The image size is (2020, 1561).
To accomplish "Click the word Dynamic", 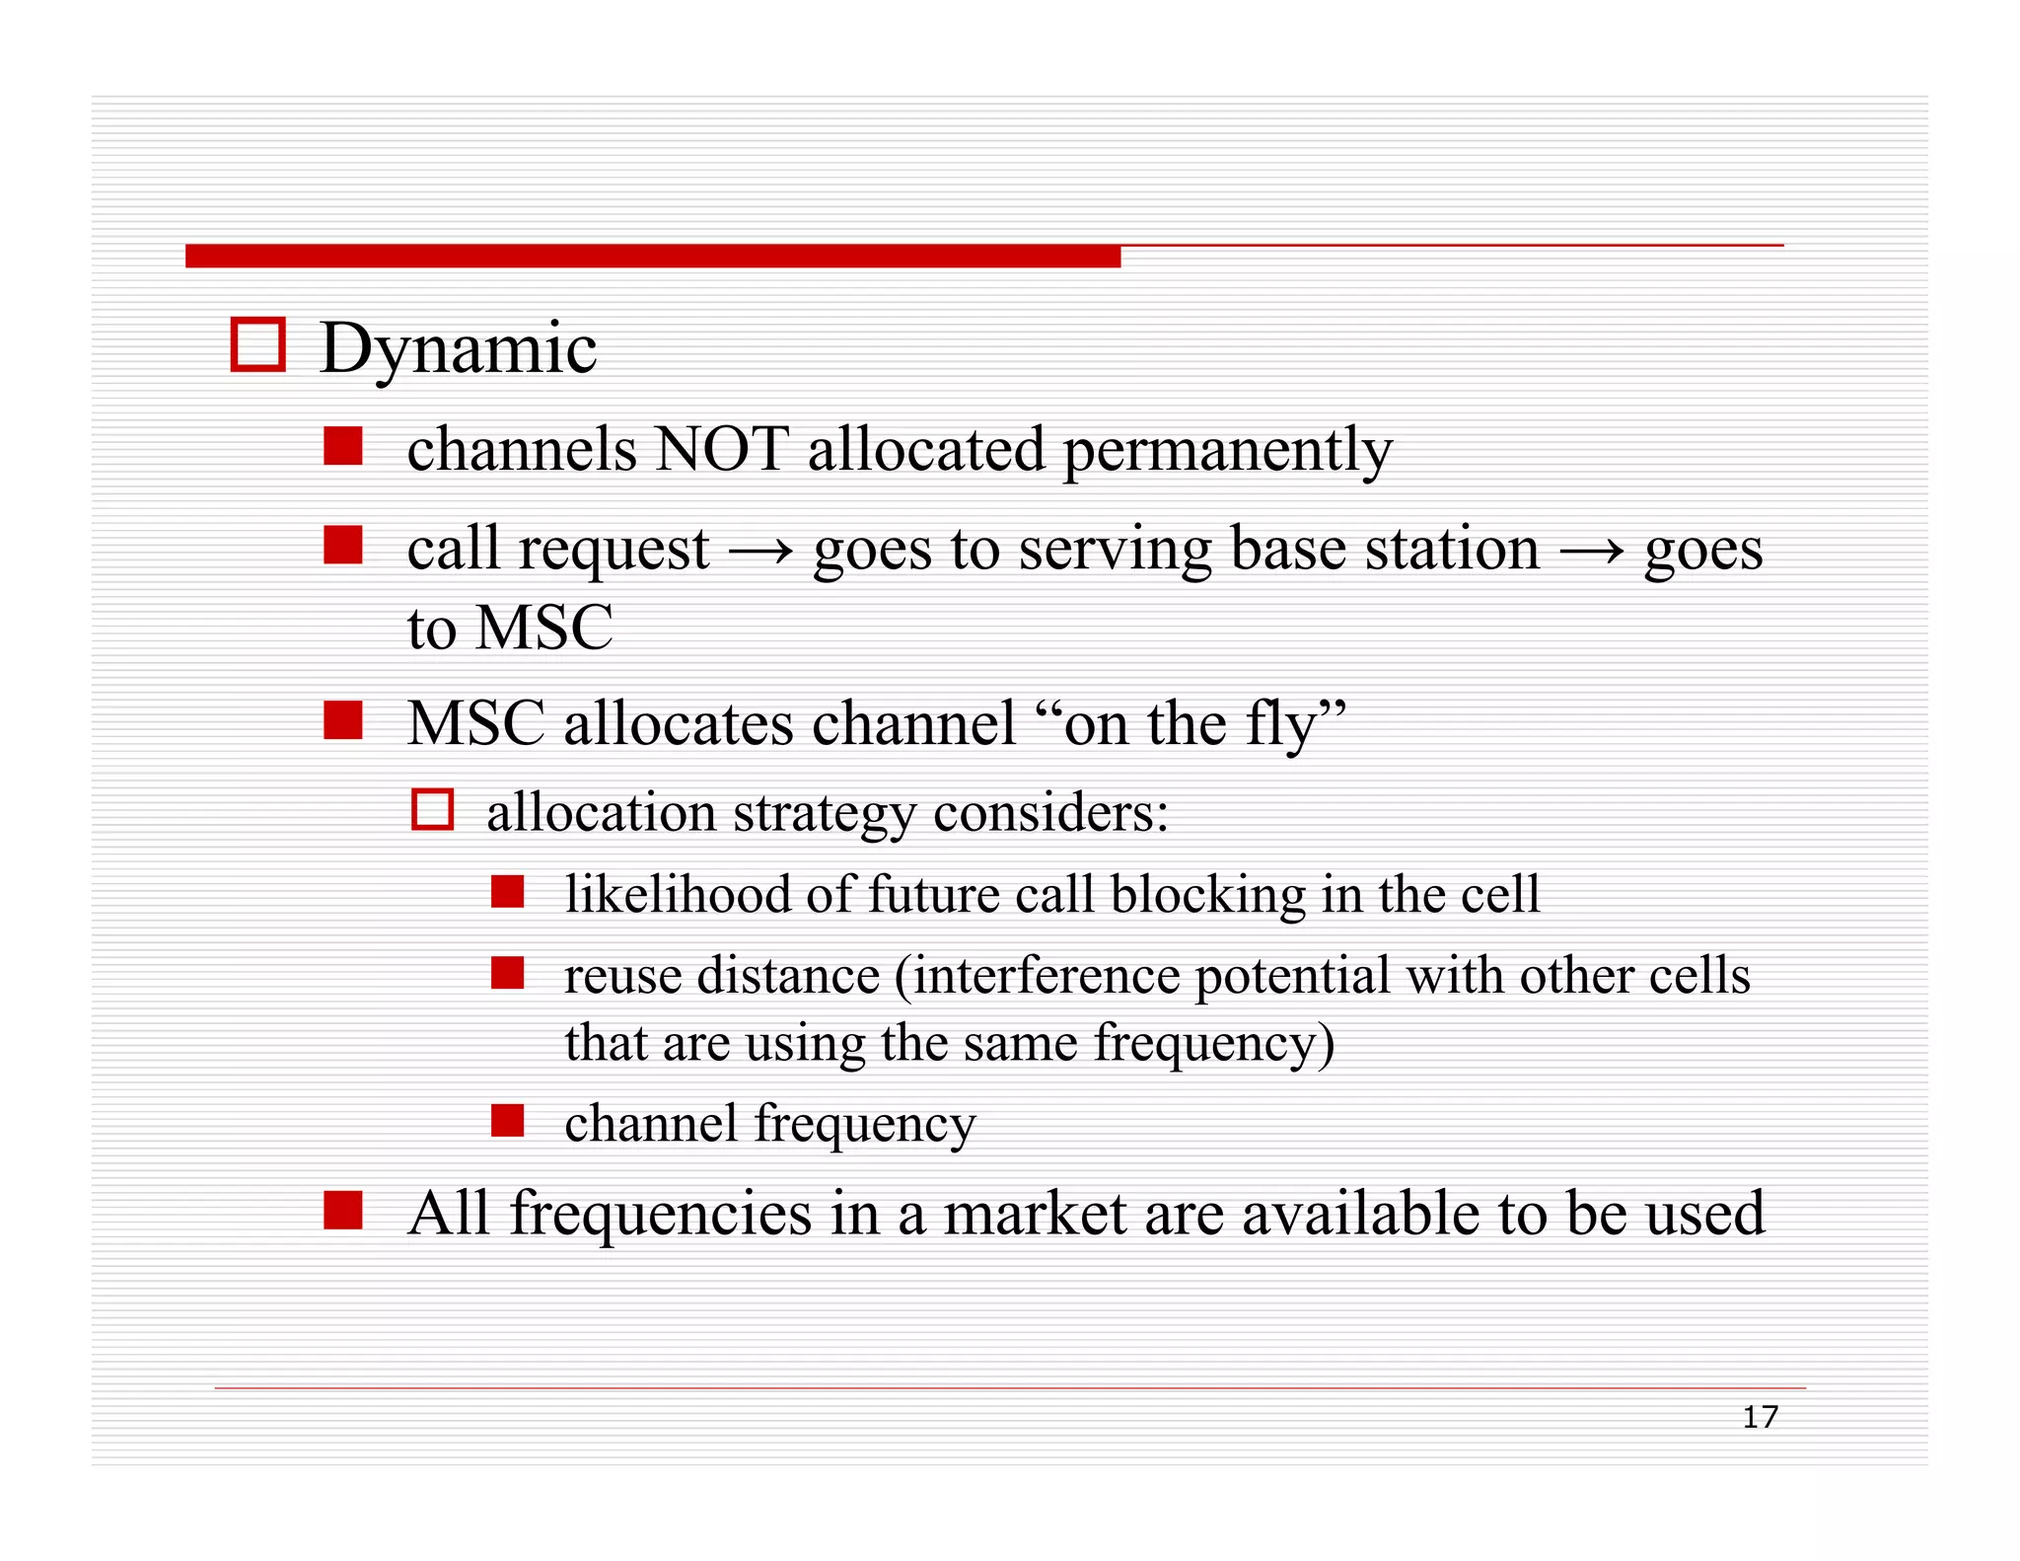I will (459, 349).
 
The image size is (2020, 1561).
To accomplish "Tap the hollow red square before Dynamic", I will (258, 344).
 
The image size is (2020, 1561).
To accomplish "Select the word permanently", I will (1227, 451).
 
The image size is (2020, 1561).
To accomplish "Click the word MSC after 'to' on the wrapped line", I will (543, 628).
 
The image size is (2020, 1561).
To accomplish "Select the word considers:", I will (1050, 814).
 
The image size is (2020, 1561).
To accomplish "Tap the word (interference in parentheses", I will (1036, 977).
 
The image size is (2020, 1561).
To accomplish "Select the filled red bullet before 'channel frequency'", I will (507, 1121).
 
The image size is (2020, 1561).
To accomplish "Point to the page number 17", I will (1760, 1418).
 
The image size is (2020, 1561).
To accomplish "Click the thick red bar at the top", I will (652, 257).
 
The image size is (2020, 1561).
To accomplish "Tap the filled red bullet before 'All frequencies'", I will (342, 1210).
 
